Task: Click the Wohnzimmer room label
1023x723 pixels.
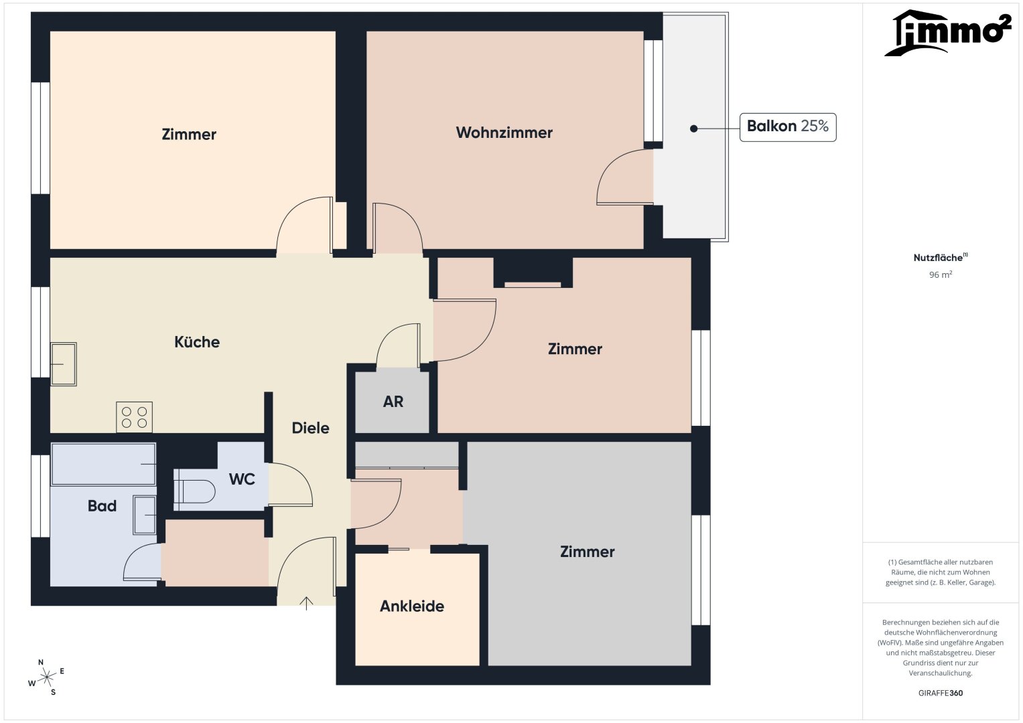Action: [x=504, y=133]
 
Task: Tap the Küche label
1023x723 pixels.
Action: [x=197, y=342]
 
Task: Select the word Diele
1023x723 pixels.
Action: [x=311, y=428]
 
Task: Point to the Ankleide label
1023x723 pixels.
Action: [x=412, y=606]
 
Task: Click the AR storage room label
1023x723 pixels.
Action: [x=393, y=402]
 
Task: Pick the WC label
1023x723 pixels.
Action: [x=242, y=479]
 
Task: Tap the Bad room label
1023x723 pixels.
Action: [x=103, y=505]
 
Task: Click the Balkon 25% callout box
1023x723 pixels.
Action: [x=788, y=127]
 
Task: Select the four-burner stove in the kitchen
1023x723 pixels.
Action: [x=134, y=417]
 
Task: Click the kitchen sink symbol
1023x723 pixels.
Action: [x=64, y=364]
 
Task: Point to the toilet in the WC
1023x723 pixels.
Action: [x=194, y=491]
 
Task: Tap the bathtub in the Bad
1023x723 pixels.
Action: [x=104, y=464]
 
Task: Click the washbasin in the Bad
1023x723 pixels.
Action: [x=145, y=515]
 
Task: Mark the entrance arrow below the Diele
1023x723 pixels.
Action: [x=306, y=603]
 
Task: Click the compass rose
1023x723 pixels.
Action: [x=47, y=677]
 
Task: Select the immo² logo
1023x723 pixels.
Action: [x=948, y=33]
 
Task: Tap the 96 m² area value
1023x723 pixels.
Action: [x=941, y=274]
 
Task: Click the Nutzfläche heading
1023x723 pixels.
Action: [x=941, y=258]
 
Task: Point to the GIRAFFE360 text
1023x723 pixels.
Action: [x=941, y=693]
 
